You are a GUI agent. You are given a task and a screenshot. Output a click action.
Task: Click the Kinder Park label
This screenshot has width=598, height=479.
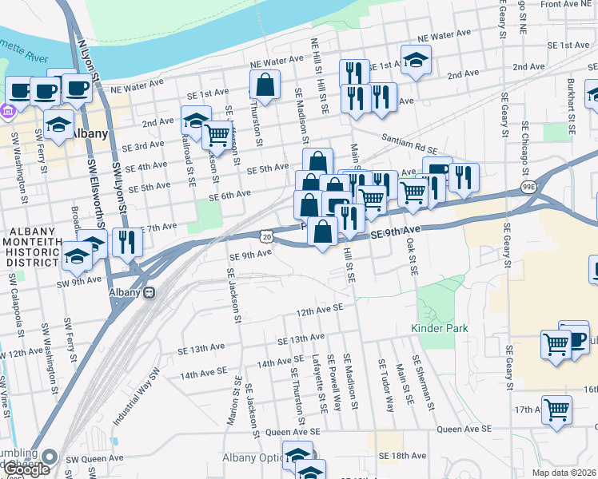439,328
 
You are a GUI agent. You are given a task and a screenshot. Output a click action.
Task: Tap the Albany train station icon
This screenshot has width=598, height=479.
149,292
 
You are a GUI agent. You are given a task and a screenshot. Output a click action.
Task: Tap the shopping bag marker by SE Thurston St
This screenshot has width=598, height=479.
265,84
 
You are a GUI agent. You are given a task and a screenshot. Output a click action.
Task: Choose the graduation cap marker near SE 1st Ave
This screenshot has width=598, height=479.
416,60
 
